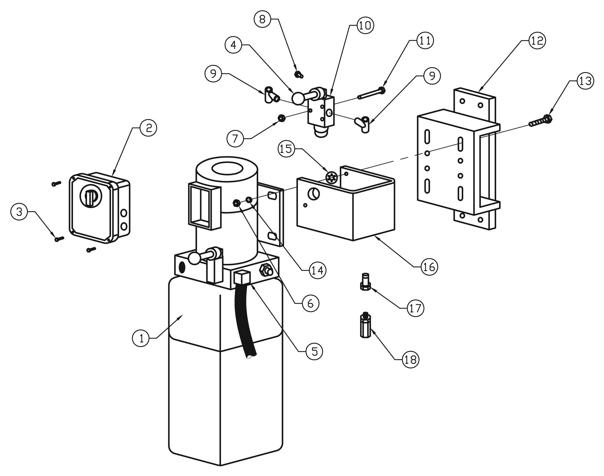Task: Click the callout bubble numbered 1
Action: coord(141,338)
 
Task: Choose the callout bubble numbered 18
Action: coord(410,359)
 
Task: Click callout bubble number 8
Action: coord(262,19)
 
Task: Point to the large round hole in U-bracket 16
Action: coord(313,194)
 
